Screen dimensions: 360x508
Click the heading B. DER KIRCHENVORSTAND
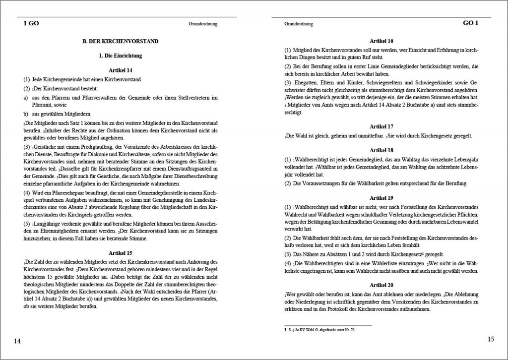coord(121,41)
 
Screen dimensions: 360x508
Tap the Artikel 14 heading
coord(121,70)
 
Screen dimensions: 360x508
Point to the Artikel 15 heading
coord(121,252)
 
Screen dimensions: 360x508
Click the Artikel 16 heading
coord(382,41)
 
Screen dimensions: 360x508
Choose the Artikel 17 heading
coord(382,126)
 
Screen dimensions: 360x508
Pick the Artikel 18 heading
coord(382,150)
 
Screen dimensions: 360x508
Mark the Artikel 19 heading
coord(382,197)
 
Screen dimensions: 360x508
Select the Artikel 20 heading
coord(382,285)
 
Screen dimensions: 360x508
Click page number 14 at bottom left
coord(17,341)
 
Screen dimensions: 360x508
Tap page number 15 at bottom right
coord(491,339)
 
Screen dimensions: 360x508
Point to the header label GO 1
coord(470,23)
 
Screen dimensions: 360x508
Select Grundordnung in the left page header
coord(203,24)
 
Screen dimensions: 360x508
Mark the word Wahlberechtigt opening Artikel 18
coord(312,160)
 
